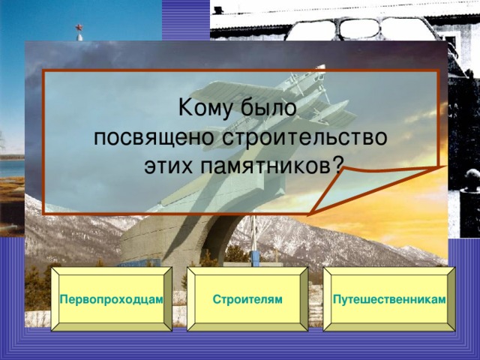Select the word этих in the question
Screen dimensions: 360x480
tap(170, 165)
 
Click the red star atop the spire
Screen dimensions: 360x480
tap(80, 31)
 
